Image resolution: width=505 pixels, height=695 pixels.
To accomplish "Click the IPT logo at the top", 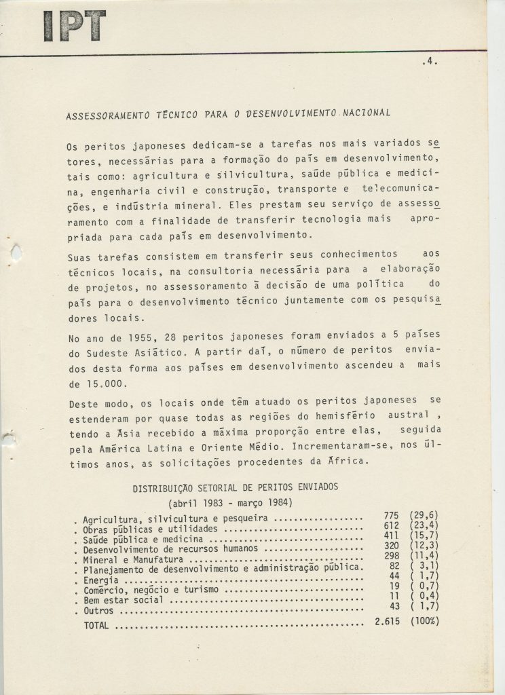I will [x=74, y=26].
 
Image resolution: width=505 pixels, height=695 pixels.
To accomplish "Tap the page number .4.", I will [x=428, y=61].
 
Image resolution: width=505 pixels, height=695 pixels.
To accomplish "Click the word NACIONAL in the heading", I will [x=367, y=113].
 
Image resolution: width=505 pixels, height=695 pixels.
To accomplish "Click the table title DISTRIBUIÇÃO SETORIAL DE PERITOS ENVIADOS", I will [x=235, y=487].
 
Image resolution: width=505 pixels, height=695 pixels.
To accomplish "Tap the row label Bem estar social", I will [x=123, y=601].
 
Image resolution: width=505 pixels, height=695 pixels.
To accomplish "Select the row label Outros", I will [x=98, y=611].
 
